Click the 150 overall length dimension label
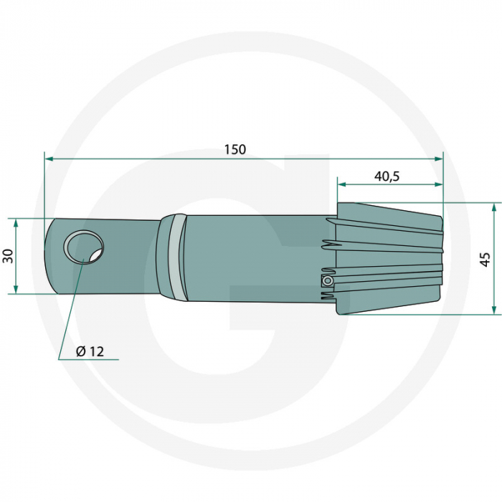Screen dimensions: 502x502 point(235,149)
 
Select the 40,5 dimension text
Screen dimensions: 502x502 point(387,175)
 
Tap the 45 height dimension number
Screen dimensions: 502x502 point(486,259)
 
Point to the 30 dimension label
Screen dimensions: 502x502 point(8,255)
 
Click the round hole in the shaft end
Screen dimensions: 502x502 point(83,247)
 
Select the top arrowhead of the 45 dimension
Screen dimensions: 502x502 point(494,207)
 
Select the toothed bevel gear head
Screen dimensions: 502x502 point(387,258)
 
